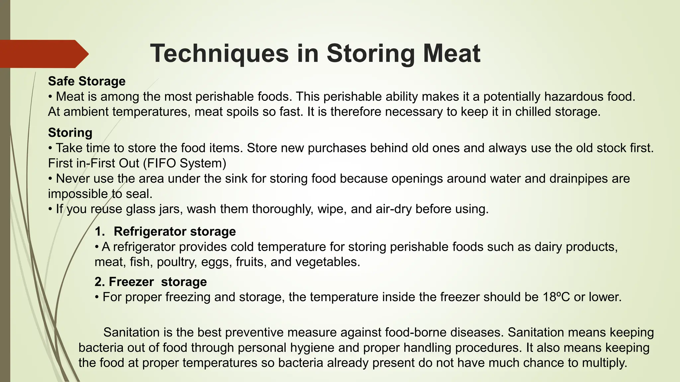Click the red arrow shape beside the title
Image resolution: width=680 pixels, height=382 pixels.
(43, 54)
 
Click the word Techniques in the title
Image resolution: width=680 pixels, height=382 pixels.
(219, 53)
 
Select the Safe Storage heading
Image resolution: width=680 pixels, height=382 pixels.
(87, 81)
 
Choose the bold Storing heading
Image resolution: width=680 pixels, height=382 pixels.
(70, 133)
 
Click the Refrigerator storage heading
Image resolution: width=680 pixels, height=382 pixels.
(175, 231)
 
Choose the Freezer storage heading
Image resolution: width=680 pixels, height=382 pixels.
(151, 282)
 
